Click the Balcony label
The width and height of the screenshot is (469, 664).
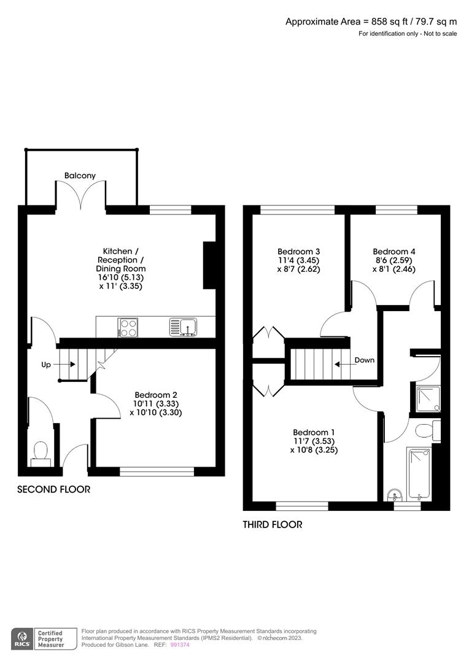coord(80,176)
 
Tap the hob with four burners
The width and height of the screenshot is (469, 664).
coord(128,327)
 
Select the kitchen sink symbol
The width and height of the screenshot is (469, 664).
coord(183,327)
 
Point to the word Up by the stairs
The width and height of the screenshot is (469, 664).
coord(46,365)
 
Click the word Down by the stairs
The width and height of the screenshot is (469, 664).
coord(364,360)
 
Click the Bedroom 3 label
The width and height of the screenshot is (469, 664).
coord(299,251)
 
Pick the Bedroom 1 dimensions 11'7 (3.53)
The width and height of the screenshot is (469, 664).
coord(314,441)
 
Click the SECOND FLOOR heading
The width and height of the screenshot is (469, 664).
coord(53,489)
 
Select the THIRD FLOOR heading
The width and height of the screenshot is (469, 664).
coord(273,524)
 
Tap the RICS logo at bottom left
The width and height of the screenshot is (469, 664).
coord(22,638)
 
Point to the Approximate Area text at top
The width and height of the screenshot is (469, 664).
coord(371,22)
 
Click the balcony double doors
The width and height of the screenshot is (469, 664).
coord(81,196)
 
